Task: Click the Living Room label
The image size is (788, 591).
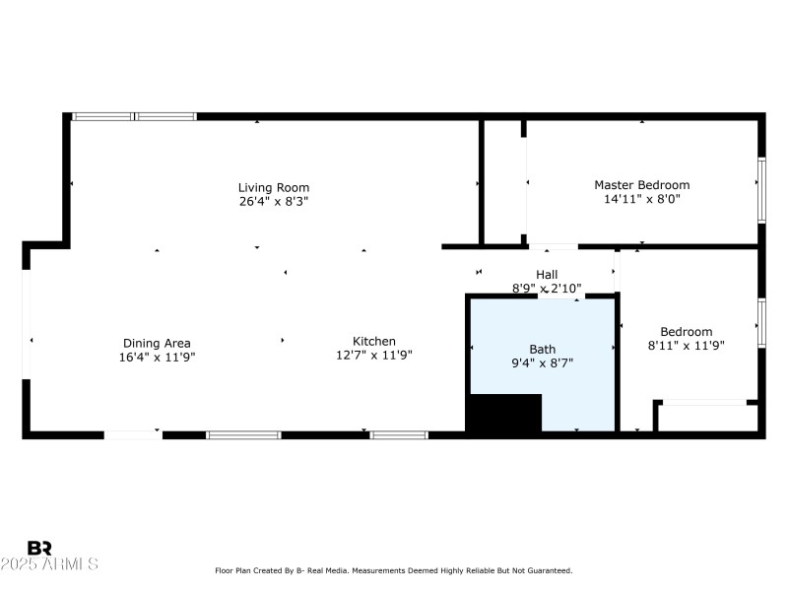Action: click(x=274, y=187)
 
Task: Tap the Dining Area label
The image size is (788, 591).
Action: click(x=157, y=343)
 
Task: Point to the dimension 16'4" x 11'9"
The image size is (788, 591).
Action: click(x=157, y=357)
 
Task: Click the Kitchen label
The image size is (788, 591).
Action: click(x=374, y=341)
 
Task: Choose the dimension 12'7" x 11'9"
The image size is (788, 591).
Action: click(x=374, y=355)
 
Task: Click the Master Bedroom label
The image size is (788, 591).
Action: click(x=641, y=184)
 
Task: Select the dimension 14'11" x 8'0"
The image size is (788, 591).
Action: click(x=641, y=198)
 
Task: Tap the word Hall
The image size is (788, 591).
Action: click(x=547, y=275)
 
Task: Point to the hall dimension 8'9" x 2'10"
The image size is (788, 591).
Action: click(x=547, y=289)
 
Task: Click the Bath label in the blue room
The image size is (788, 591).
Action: click(x=542, y=349)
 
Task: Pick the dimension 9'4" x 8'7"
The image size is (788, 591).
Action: click(x=542, y=362)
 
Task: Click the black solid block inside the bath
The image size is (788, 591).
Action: click(x=503, y=413)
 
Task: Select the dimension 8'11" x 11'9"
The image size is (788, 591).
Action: click(x=686, y=346)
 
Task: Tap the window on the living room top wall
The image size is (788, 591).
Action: click(x=134, y=116)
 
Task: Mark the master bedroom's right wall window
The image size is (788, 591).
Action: click(x=760, y=187)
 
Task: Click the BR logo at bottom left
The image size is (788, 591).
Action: click(x=39, y=548)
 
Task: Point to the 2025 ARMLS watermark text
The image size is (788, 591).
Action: click(x=49, y=564)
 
